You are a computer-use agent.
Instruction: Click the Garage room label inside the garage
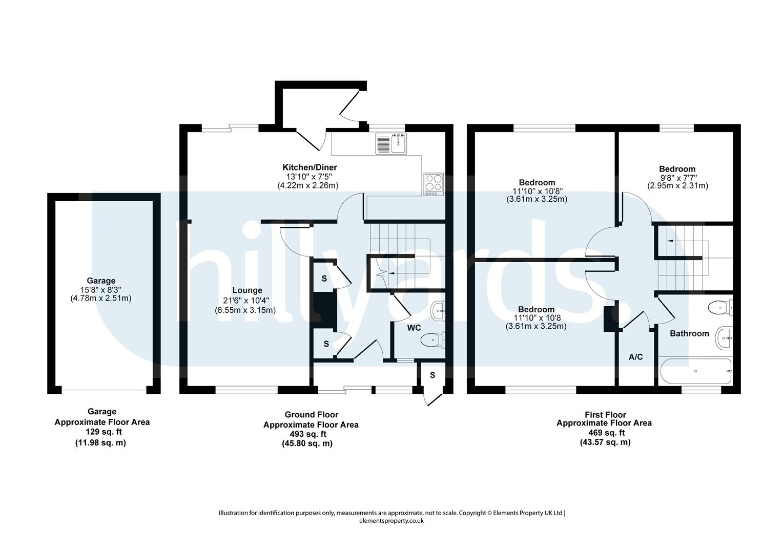[x=101, y=281]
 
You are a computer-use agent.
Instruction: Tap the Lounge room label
[x=248, y=290]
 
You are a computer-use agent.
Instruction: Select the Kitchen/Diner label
[x=310, y=167]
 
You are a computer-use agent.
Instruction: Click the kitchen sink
[x=391, y=143]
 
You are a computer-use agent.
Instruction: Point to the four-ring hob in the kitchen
[x=434, y=184]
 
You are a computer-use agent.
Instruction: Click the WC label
[x=414, y=328]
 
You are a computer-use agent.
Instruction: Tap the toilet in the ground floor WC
[x=432, y=340]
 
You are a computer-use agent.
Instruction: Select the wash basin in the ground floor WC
[x=438, y=310]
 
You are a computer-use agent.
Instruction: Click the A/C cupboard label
[x=636, y=357]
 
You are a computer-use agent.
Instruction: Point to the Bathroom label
[x=689, y=334]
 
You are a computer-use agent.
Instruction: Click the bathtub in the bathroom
[x=695, y=371]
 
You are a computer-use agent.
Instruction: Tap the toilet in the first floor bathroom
[x=720, y=308]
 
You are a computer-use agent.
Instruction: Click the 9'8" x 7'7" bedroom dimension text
[x=677, y=178]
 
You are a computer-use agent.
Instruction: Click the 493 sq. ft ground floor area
[x=308, y=434]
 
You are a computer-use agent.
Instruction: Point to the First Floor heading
[x=605, y=415]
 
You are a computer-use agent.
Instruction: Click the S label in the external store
[x=432, y=375]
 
